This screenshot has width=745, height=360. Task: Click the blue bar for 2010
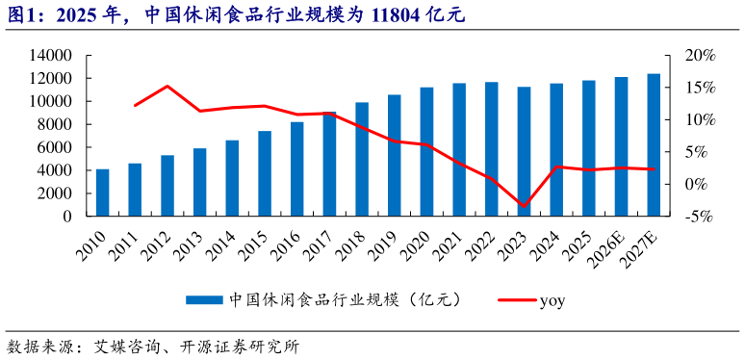point(102,193)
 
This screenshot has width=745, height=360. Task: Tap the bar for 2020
point(426,151)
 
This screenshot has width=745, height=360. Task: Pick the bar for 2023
point(524,151)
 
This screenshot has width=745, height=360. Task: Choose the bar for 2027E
point(654,144)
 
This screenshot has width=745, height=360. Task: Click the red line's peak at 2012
point(167,86)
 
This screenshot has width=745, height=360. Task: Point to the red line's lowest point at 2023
point(524,207)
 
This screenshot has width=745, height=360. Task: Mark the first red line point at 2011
point(135,105)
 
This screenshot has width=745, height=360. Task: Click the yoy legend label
point(552,300)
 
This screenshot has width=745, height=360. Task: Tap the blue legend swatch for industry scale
point(203,300)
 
